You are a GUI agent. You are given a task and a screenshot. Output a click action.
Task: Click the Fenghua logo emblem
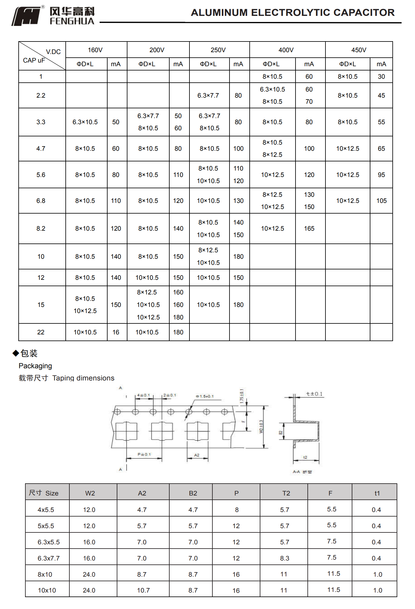coord(27,16)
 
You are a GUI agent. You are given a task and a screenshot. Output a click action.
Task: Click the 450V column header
coord(358,50)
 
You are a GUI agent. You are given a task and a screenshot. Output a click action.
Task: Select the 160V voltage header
coord(95,50)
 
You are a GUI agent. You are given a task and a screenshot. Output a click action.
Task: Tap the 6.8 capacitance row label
coord(41,201)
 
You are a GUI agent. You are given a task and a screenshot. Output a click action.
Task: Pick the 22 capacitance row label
coord(41,332)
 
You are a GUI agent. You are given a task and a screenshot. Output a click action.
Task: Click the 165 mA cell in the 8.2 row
coord(309,229)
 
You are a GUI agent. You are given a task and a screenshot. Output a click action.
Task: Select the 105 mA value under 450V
coord(381,201)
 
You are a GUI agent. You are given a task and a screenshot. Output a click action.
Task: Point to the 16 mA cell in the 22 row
coord(116,332)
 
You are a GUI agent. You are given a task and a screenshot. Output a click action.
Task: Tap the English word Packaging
coord(35,366)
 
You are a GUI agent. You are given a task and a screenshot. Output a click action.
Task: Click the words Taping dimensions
coord(83,378)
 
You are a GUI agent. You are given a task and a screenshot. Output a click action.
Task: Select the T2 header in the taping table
coord(286,493)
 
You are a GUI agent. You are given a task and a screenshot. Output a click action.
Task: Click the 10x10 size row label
coord(47,590)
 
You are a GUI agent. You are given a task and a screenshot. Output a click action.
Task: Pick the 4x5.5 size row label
coord(46,510)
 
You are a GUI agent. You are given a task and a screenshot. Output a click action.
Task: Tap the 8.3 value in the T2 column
coord(285,558)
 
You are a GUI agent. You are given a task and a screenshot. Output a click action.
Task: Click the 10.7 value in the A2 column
coord(143,590)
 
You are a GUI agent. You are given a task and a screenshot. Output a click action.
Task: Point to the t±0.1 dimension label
coord(314,394)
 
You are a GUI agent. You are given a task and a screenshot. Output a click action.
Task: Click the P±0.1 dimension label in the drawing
coord(144,454)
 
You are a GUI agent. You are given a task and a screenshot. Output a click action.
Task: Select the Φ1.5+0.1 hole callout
coord(205,396)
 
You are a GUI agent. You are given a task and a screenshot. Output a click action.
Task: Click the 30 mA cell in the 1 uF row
coord(381,77)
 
